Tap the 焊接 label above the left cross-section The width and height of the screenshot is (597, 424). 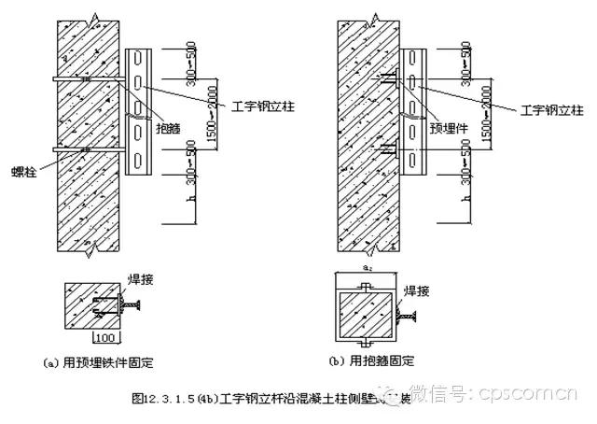[x=138, y=276]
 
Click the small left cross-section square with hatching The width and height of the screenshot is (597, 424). [x=91, y=304]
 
